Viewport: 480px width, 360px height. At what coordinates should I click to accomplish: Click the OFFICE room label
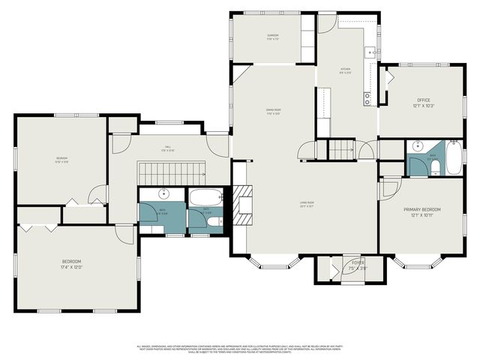point(424,99)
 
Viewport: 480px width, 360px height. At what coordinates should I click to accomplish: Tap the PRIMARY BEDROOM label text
point(421,209)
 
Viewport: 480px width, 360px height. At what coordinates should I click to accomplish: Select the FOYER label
point(358,262)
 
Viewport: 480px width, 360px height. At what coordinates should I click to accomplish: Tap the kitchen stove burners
point(367,97)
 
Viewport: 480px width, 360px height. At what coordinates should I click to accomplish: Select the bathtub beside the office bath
point(454,157)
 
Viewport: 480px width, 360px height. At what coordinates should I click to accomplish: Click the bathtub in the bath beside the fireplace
point(205,198)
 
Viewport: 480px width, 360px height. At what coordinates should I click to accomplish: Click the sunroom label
point(272,36)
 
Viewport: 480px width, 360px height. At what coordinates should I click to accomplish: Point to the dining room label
point(273,112)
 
